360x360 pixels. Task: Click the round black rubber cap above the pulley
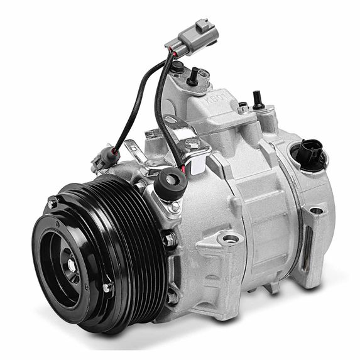(170, 183)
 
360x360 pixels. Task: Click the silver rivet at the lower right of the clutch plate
(107, 287)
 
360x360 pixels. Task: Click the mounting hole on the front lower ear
(232, 238)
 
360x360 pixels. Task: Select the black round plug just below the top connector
(178, 65)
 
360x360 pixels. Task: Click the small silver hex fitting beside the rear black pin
(243, 107)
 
